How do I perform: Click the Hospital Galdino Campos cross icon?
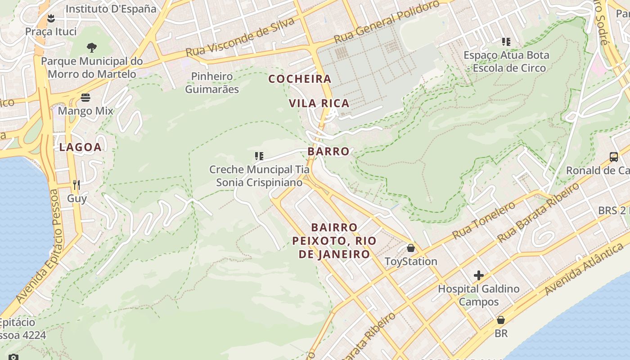(479, 275)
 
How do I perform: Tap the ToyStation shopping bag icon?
(410, 248)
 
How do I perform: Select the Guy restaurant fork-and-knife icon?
(76, 184)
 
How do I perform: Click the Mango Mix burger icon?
(85, 98)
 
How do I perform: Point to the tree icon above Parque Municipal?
(91, 47)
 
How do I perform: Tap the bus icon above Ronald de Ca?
(614, 157)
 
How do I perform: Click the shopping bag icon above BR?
(500, 320)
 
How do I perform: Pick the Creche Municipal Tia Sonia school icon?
(259, 156)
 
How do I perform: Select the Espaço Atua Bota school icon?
(506, 42)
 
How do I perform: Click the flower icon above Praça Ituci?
(51, 18)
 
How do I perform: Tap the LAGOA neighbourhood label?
(80, 147)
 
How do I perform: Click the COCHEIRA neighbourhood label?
(300, 79)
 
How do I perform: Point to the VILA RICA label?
(319, 103)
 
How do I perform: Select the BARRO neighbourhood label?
(328, 151)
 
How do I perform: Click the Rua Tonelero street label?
(484, 220)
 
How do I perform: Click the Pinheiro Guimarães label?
(212, 83)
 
